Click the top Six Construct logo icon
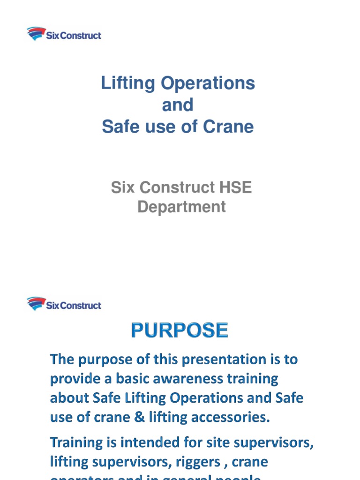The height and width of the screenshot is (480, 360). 36,34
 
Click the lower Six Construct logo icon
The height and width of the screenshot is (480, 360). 36,304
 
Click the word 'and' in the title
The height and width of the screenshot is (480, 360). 177,105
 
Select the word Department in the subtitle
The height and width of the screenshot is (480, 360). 181,207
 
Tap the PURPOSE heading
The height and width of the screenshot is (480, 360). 180,330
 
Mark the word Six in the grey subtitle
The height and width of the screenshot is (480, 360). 123,187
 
